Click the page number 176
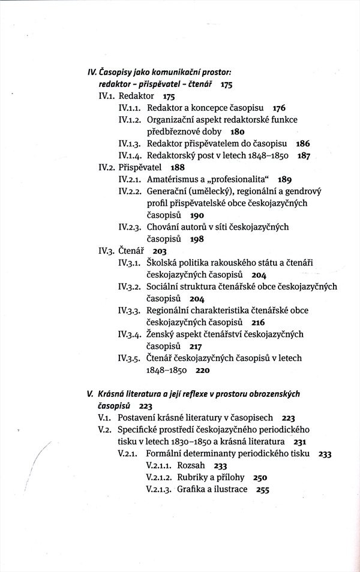tap(278, 108)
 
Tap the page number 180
tap(239, 131)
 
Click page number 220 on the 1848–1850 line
tap(202, 370)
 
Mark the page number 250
tap(260, 477)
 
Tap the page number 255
tap(262, 489)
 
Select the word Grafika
tap(193, 489)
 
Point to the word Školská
tap(164, 263)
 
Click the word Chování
tap(164, 227)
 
